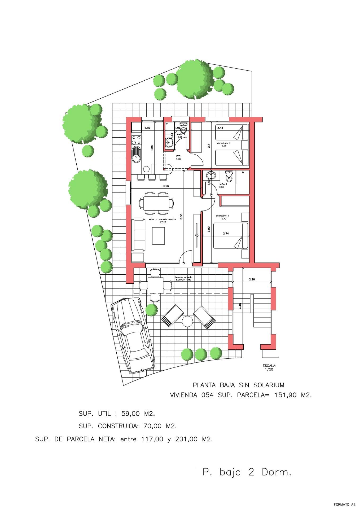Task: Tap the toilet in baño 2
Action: coord(183,128)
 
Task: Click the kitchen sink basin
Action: coord(137,155)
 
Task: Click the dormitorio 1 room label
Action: coord(222,217)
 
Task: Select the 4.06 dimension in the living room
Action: coord(166,186)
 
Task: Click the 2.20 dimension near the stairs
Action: coord(252,279)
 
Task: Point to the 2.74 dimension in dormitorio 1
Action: coord(226,234)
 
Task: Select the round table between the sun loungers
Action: coord(187,322)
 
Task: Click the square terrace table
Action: coord(155,285)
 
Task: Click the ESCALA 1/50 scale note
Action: coord(269,367)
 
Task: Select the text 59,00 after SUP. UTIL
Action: coord(131,414)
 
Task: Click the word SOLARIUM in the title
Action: coord(269,385)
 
